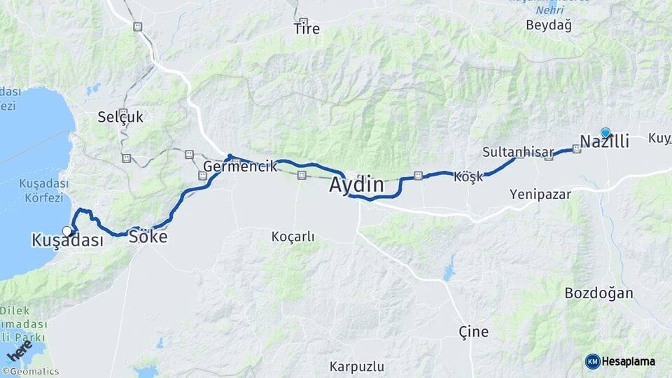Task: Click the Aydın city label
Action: pyautogui.click(x=356, y=185)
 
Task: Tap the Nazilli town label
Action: pyautogui.click(x=604, y=141)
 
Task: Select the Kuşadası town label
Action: pyautogui.click(x=67, y=240)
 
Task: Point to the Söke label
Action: pyautogui.click(x=148, y=237)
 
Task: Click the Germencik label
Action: pyautogui.click(x=235, y=167)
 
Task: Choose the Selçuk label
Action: pyautogui.click(x=120, y=117)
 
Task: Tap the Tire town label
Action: pyautogui.click(x=307, y=29)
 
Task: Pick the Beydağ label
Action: pyautogui.click(x=548, y=25)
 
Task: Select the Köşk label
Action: pyautogui.click(x=468, y=177)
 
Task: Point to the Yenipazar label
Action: pyautogui.click(x=540, y=194)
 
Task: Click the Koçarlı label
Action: pyautogui.click(x=293, y=237)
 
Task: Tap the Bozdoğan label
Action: pyautogui.click(x=598, y=293)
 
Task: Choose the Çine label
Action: pyautogui.click(x=473, y=331)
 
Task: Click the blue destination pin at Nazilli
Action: pyautogui.click(x=605, y=132)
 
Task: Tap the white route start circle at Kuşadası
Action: pyautogui.click(x=67, y=231)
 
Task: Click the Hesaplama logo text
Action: pyautogui.click(x=628, y=361)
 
